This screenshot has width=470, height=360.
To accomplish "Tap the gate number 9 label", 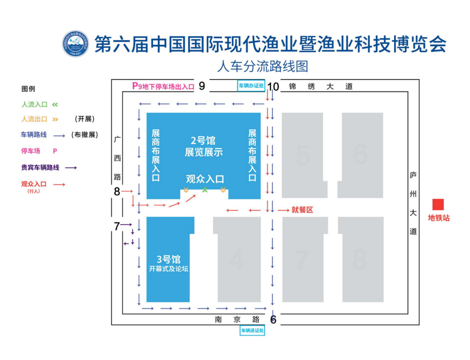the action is [201, 86].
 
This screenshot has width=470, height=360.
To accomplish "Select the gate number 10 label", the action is [273, 87].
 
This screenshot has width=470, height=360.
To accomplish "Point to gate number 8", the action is [117, 191].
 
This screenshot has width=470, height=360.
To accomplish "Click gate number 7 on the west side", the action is [117, 226].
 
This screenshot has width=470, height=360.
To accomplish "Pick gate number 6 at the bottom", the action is [273, 320].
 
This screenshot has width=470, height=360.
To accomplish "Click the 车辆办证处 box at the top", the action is [251, 86].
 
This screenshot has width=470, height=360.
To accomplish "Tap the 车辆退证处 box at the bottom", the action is [252, 330].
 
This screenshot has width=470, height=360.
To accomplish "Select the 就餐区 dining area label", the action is [302, 210].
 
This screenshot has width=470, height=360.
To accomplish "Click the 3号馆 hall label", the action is [168, 260].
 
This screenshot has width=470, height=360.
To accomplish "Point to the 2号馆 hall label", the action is [203, 141].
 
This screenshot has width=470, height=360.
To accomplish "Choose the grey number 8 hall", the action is [359, 259].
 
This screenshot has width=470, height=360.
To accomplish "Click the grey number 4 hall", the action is [237, 260].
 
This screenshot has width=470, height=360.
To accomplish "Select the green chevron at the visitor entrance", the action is [205, 190].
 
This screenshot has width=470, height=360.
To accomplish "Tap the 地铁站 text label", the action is [439, 218].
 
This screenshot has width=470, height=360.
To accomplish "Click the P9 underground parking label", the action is [163, 86].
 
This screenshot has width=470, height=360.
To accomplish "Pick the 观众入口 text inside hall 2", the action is [205, 178].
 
